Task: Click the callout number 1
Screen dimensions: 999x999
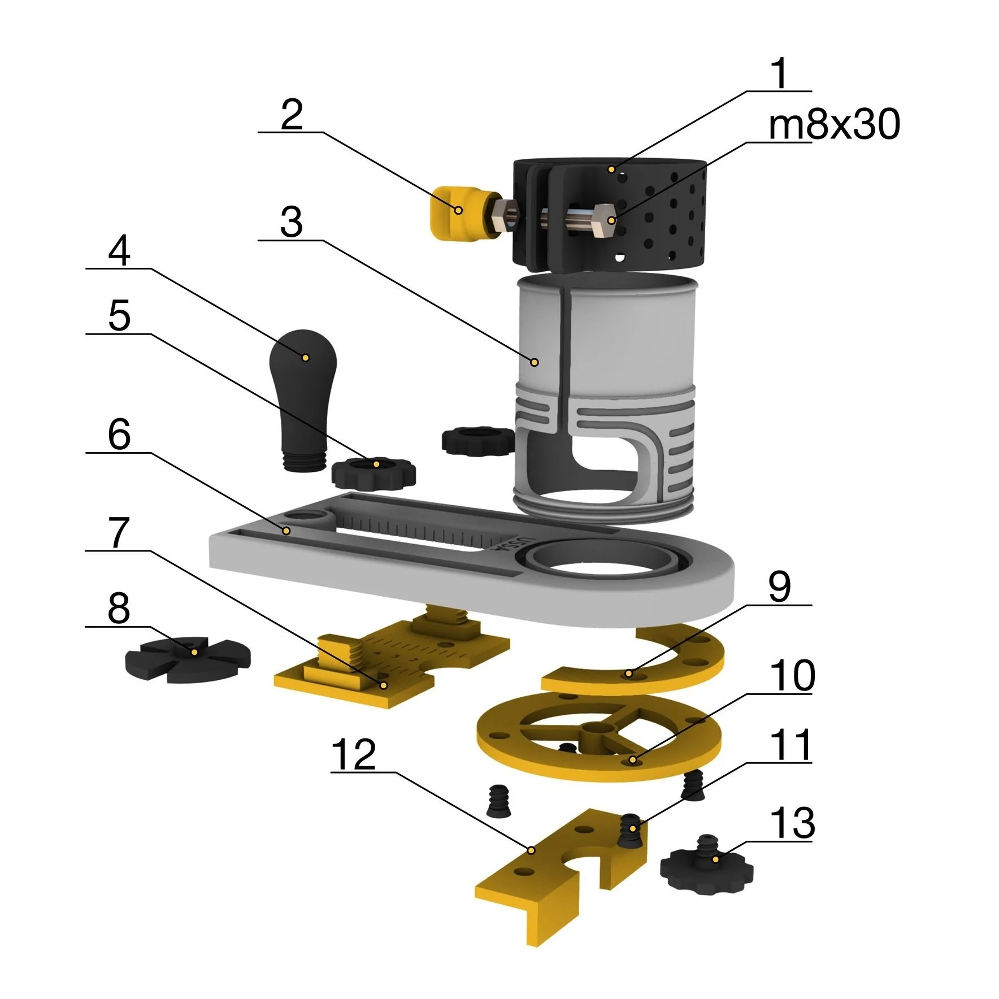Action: tap(780, 73)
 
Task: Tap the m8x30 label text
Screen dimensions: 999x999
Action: tap(834, 125)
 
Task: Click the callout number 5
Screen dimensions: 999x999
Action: tap(119, 315)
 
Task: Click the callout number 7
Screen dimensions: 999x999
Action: tap(118, 532)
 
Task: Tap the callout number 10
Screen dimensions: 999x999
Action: tap(792, 676)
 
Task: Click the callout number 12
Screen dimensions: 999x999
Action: tap(354, 754)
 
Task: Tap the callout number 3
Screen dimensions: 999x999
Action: tap(292, 222)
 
